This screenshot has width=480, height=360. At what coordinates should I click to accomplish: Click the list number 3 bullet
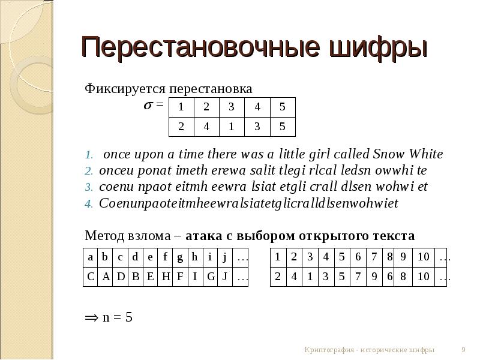click(x=87, y=187)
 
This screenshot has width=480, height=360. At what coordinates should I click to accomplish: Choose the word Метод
click(x=105, y=234)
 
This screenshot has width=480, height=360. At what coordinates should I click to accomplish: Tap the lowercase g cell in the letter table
click(x=180, y=257)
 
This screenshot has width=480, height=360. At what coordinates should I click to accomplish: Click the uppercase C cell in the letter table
click(x=91, y=277)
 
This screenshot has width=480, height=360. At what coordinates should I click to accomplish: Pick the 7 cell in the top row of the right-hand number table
click(x=374, y=257)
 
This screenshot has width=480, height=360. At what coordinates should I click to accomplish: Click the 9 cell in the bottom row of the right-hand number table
click(x=374, y=277)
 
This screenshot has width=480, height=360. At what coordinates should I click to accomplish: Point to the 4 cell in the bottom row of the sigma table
click(x=206, y=126)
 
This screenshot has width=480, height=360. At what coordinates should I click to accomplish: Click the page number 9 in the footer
click(x=463, y=350)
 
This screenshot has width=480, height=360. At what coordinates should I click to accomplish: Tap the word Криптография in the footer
click(x=330, y=350)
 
